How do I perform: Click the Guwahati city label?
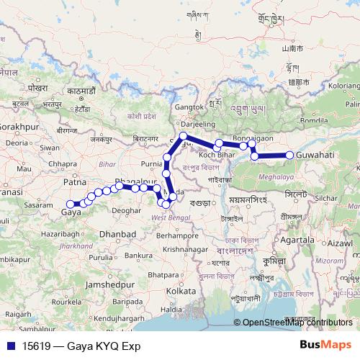tap(315, 155)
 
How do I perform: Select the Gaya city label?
tap(71, 213)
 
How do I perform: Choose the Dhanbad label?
tap(118, 235)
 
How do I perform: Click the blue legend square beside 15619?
tap(6, 346)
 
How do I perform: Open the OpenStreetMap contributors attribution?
tap(298, 323)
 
